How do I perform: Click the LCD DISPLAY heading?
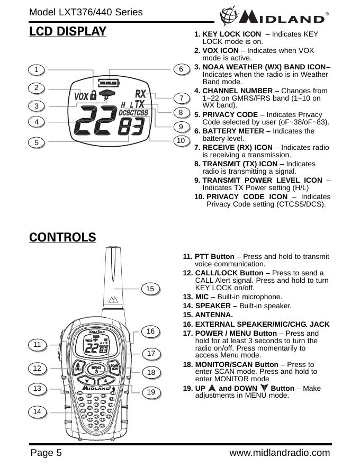pos(68,32)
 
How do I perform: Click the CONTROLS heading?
pos(62,237)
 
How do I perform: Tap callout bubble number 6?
pos(181,69)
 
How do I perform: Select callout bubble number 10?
pos(181,140)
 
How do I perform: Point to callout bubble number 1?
pos(37,69)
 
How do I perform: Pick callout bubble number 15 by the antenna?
pos(150,288)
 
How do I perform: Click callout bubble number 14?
pos(37,411)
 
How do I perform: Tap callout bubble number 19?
pos(151,392)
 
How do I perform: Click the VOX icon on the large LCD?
pos(81,96)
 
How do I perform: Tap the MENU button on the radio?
pos(96,368)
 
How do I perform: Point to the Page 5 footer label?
pos(46,453)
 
